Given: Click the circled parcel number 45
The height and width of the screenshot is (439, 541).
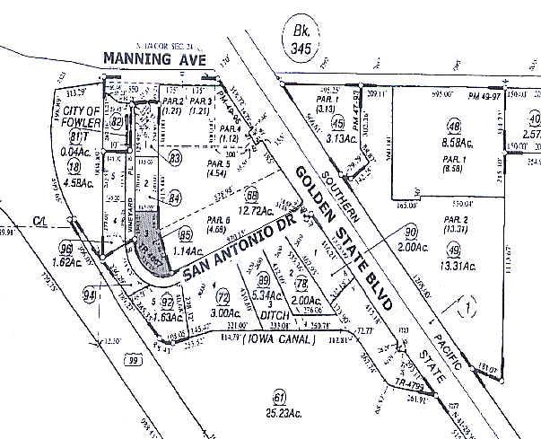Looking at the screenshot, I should pos(338,124).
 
